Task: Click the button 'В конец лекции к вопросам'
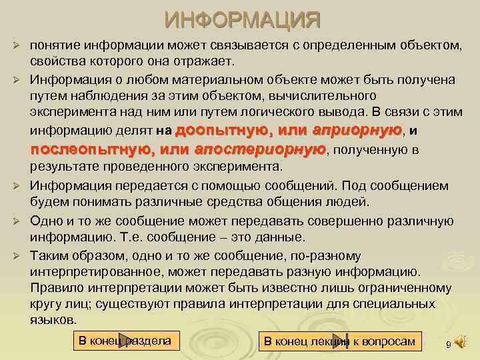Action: click(339, 342)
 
